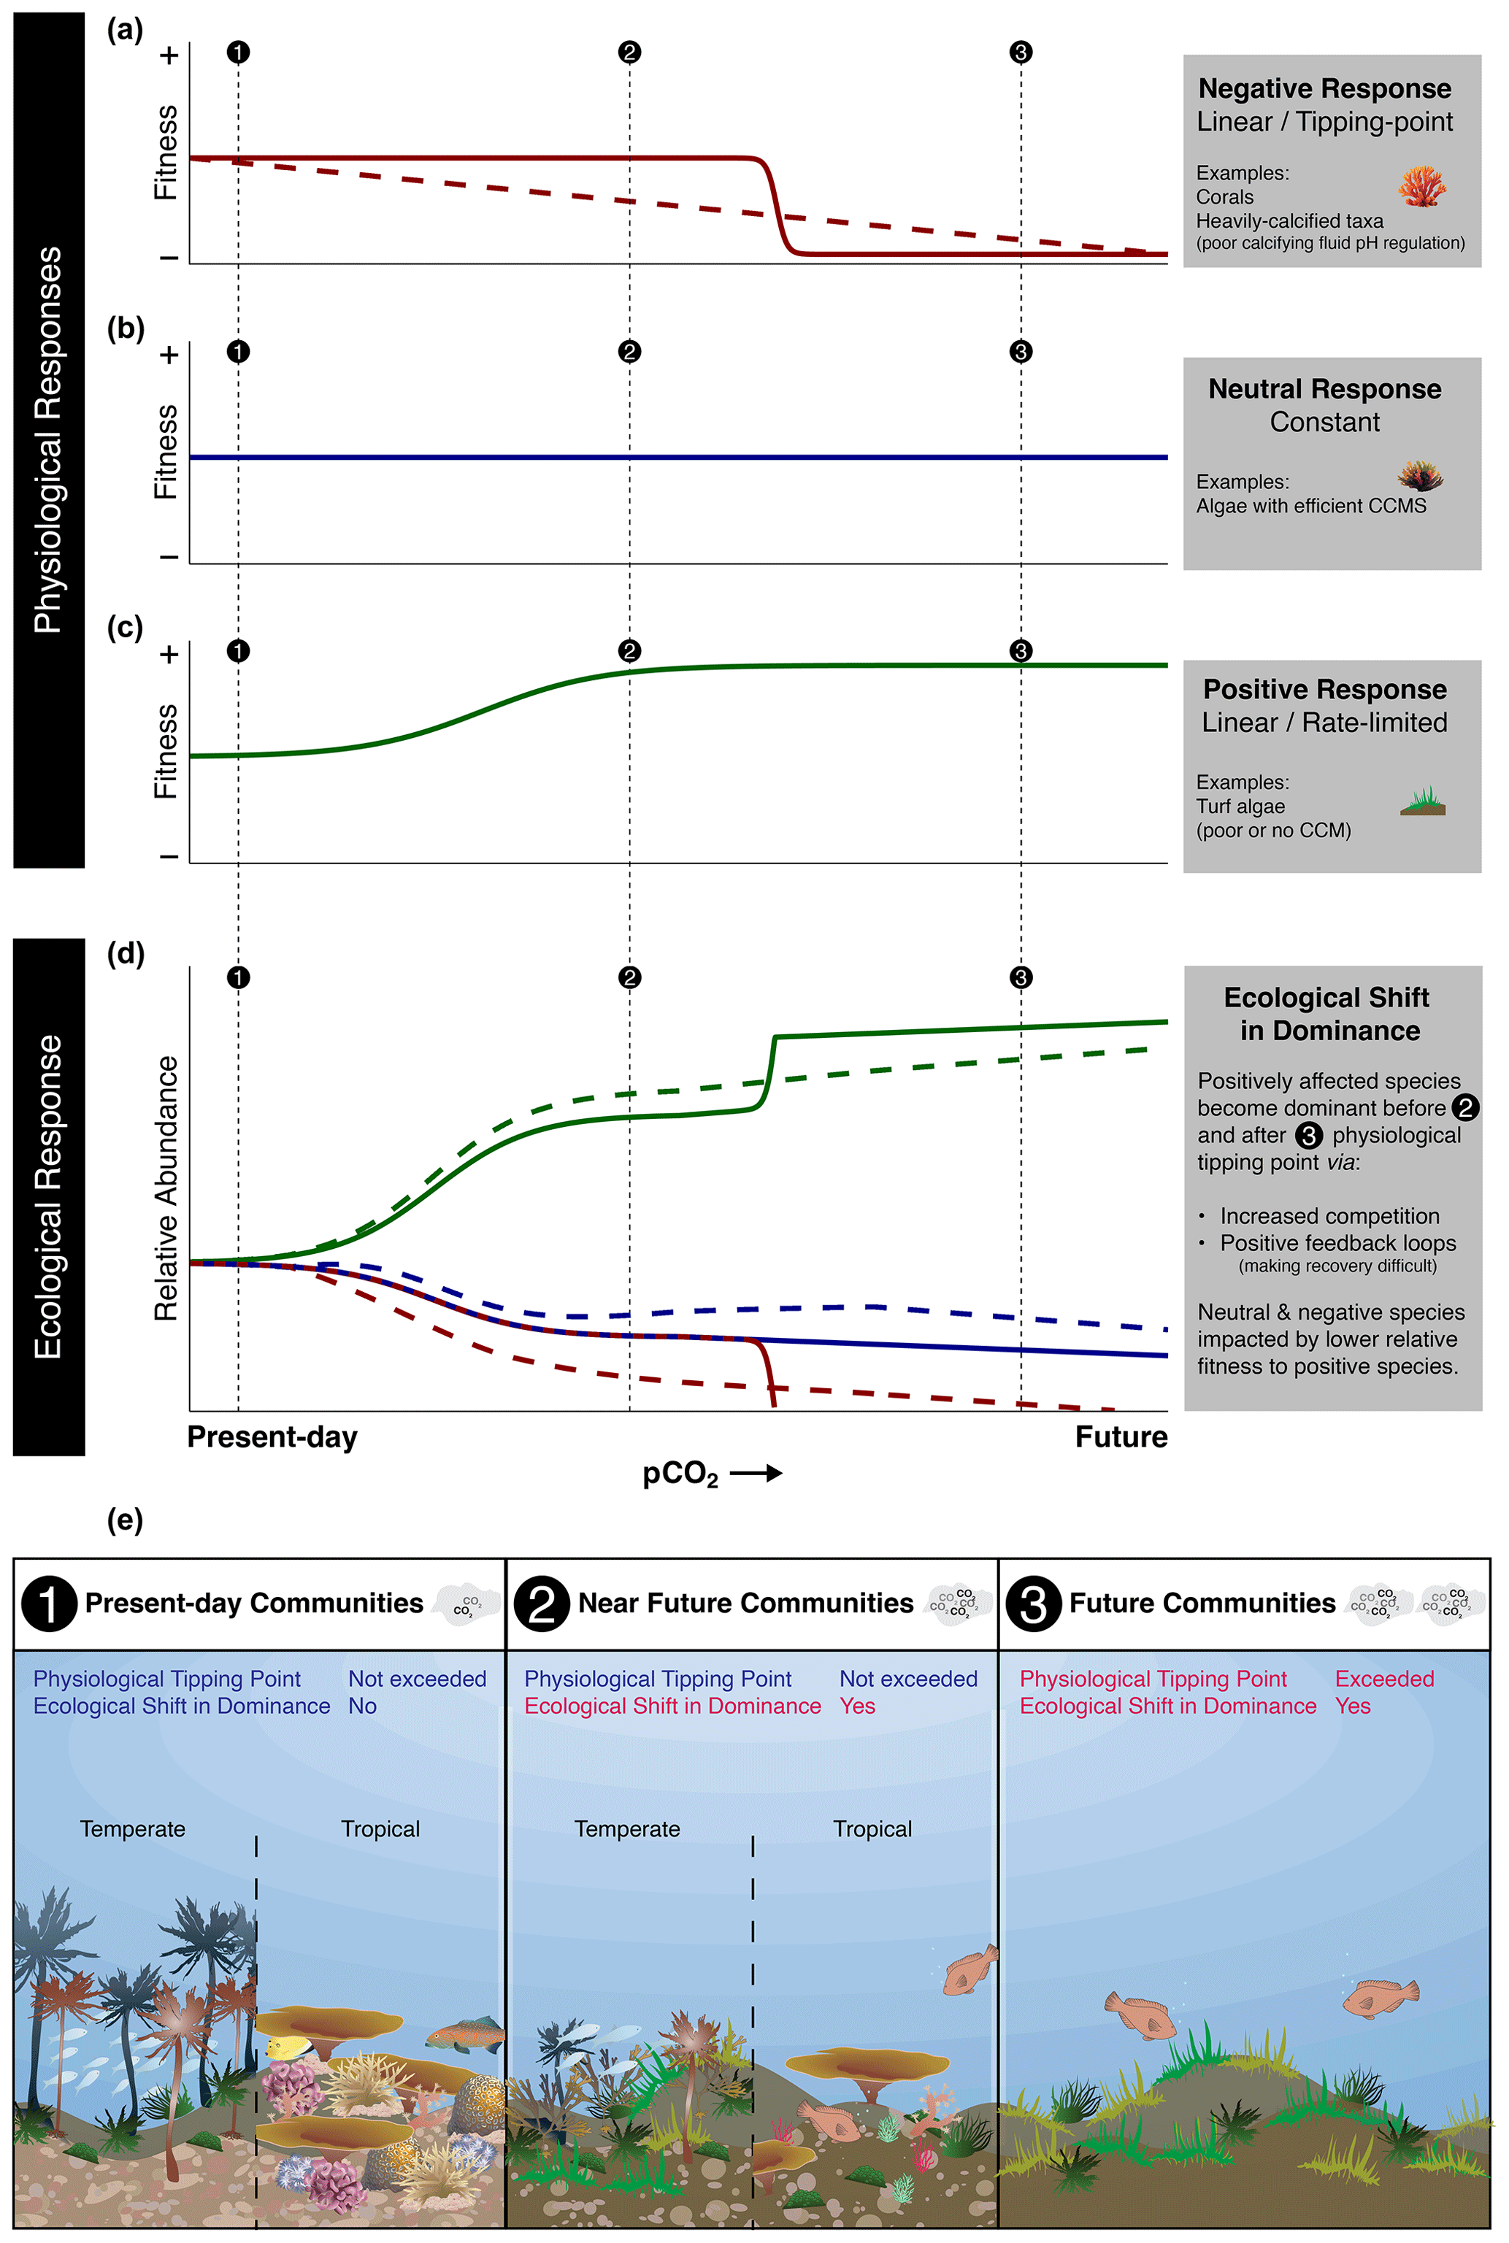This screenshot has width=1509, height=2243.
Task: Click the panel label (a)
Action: [x=125, y=30]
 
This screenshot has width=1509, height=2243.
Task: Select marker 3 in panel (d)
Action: [x=1021, y=977]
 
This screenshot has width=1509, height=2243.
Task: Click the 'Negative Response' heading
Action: [x=1324, y=88]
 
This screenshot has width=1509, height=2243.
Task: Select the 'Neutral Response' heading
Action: [x=1324, y=389]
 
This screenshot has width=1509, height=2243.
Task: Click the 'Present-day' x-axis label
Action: [x=272, y=1436]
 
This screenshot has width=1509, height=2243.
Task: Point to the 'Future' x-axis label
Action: [x=1121, y=1436]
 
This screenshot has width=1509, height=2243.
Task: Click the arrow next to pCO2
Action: [x=756, y=1472]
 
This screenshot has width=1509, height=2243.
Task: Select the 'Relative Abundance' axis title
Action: [x=166, y=1188]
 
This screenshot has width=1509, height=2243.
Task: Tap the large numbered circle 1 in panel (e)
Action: [x=48, y=1603]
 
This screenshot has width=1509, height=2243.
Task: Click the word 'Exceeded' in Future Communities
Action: [x=1384, y=1678]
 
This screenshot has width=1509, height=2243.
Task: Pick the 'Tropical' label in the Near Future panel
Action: [x=872, y=1828]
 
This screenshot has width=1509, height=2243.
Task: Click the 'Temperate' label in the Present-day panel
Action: [x=133, y=1828]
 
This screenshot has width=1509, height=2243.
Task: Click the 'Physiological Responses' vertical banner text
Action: [x=48, y=439]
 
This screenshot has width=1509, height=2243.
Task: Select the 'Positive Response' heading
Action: [x=1324, y=689]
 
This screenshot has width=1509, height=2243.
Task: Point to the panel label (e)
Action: [x=125, y=1520]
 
